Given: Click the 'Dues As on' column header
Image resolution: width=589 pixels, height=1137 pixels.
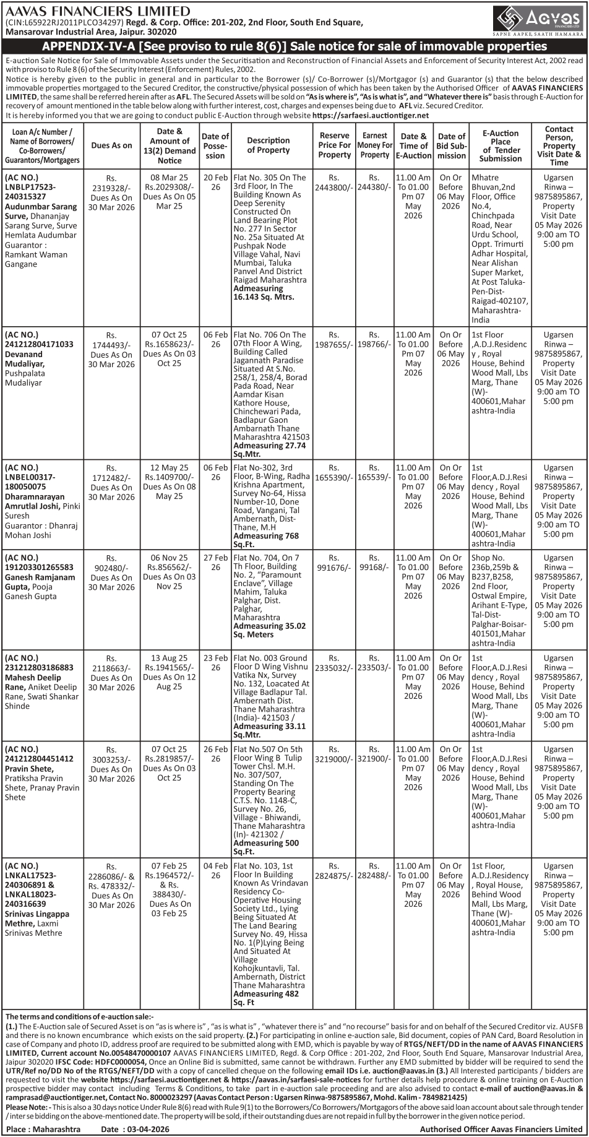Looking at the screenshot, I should (111, 145).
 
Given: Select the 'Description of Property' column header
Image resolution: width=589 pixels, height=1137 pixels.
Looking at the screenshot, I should (269, 145).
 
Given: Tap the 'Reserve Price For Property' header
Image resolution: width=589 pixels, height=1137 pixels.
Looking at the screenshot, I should (335, 145).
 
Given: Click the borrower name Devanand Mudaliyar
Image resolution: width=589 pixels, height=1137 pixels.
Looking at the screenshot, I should (33, 359).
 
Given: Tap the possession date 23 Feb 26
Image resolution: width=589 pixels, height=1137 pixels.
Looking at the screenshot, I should (215, 663).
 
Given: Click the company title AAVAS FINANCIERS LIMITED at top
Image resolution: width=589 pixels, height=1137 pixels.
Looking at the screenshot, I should (98, 11).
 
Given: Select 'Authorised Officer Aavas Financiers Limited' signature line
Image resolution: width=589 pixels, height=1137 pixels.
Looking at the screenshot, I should (501, 1129).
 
